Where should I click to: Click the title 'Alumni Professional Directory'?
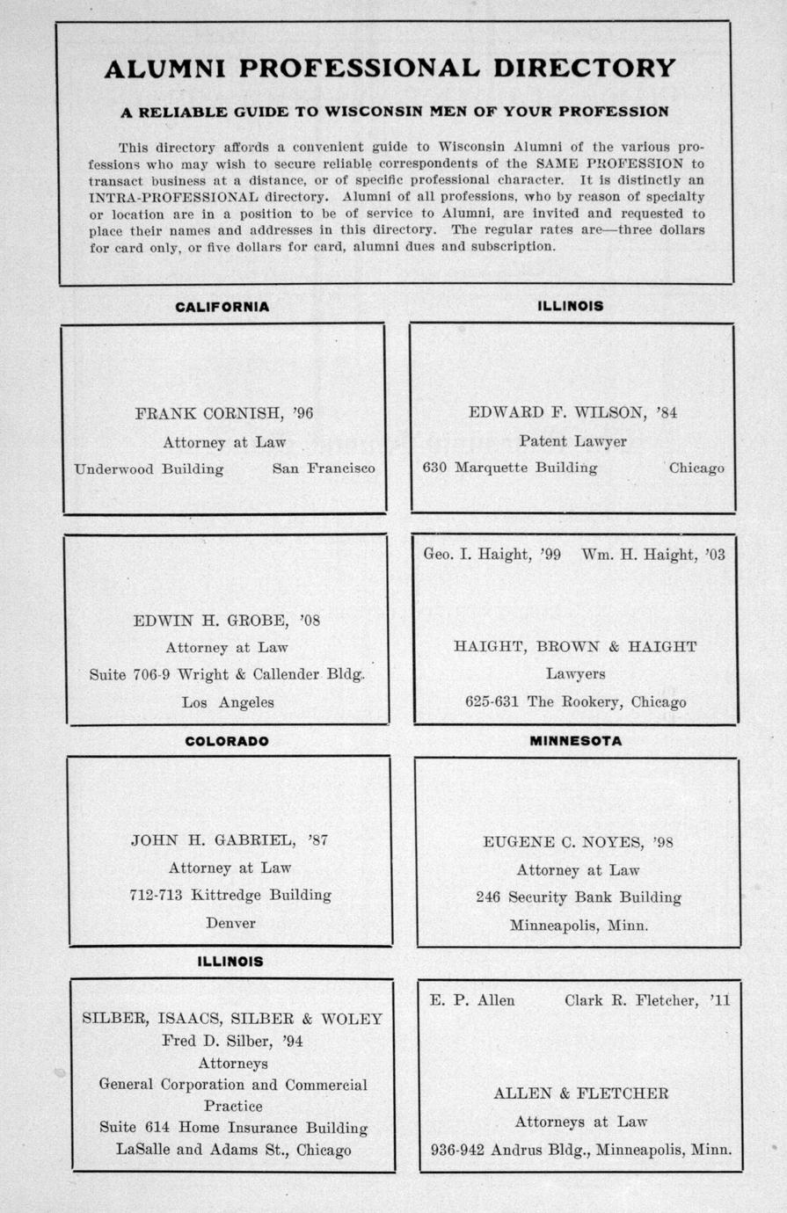pos(390,69)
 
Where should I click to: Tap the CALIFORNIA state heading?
pos(222,307)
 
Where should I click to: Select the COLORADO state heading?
pos(227,741)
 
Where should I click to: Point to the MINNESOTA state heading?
pos(575,741)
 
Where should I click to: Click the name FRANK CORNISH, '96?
pos(224,412)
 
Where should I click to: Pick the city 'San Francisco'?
pos(324,468)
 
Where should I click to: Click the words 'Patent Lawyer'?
pos(572,440)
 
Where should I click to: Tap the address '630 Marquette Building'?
pos(510,468)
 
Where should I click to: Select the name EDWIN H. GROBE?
pos(211,620)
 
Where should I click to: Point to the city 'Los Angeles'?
pos(228,702)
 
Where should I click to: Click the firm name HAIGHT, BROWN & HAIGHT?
pos(575,646)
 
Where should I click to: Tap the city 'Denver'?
pos(230,923)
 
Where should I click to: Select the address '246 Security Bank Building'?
pos(579,897)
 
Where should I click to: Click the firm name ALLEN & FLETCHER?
pos(580,1093)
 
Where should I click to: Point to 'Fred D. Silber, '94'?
pos(232,1041)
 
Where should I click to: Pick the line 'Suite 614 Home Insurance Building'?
pos(233,1127)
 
